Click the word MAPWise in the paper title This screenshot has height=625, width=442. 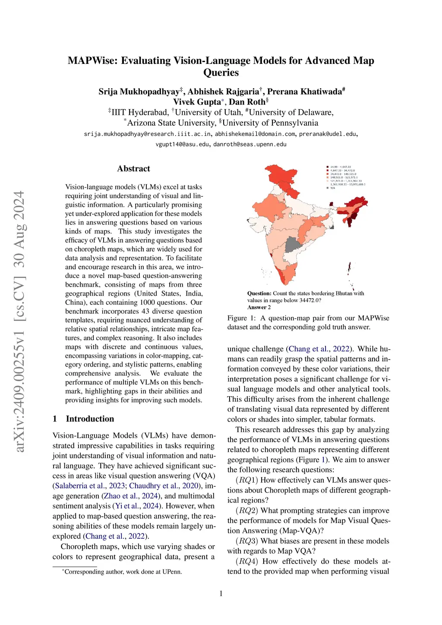coord(92,60)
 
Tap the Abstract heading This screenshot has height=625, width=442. coord(133,169)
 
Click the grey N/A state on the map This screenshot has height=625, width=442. coord(292,244)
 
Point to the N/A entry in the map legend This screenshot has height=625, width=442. coord(332,188)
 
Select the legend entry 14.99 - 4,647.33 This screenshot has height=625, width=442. coord(340,167)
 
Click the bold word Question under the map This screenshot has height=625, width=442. coord(259,294)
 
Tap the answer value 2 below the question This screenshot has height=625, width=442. coord(269,307)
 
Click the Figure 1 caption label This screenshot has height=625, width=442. coord(241,318)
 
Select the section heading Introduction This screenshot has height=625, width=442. coord(90,419)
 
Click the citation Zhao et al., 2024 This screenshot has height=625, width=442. coord(131,496)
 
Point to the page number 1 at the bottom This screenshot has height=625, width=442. coord(221,593)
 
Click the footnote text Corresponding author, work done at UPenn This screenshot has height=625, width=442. coord(123,572)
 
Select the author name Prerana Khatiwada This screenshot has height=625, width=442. coord(306,92)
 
